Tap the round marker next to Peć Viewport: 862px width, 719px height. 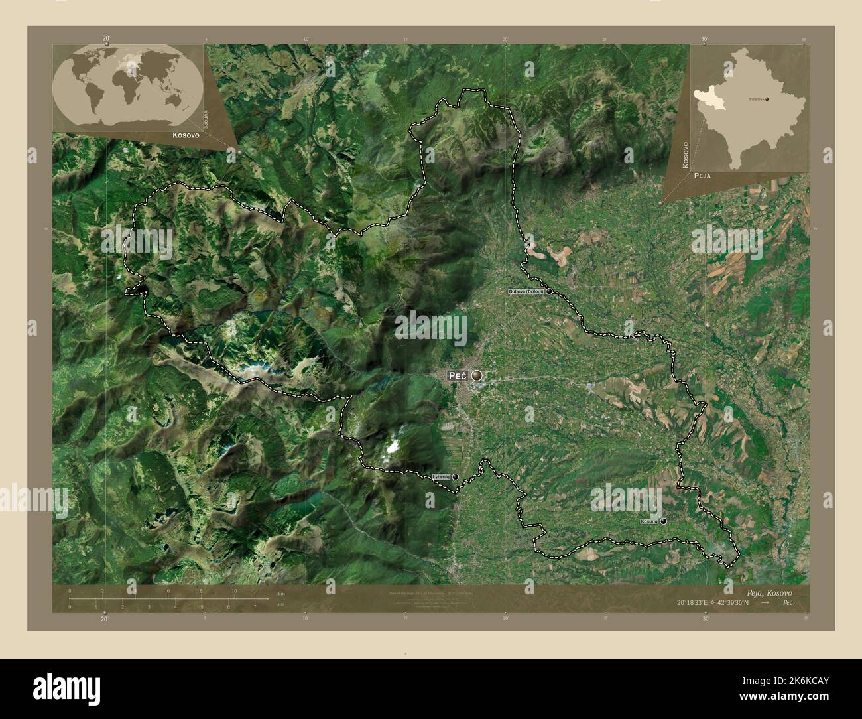pos(477,376)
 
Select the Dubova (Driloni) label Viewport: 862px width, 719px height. pos(526,291)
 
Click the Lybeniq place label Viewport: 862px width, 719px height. pos(441,476)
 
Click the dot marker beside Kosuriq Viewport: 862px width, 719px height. pos(662,522)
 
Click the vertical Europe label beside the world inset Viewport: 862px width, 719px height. pos(206,122)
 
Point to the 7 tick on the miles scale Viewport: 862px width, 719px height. pos(255,606)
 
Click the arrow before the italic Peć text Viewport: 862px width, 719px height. pos(766,603)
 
